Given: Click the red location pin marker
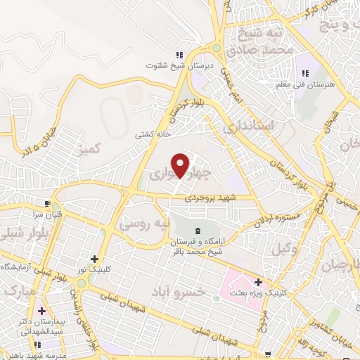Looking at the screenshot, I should [181, 165].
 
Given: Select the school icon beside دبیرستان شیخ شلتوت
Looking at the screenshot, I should [179, 54].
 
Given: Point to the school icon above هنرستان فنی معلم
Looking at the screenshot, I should [306, 73].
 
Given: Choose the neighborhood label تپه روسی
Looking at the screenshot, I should [145, 224].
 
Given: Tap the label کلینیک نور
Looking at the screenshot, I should [92, 270].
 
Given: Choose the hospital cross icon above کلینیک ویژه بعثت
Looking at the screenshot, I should [259, 281].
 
